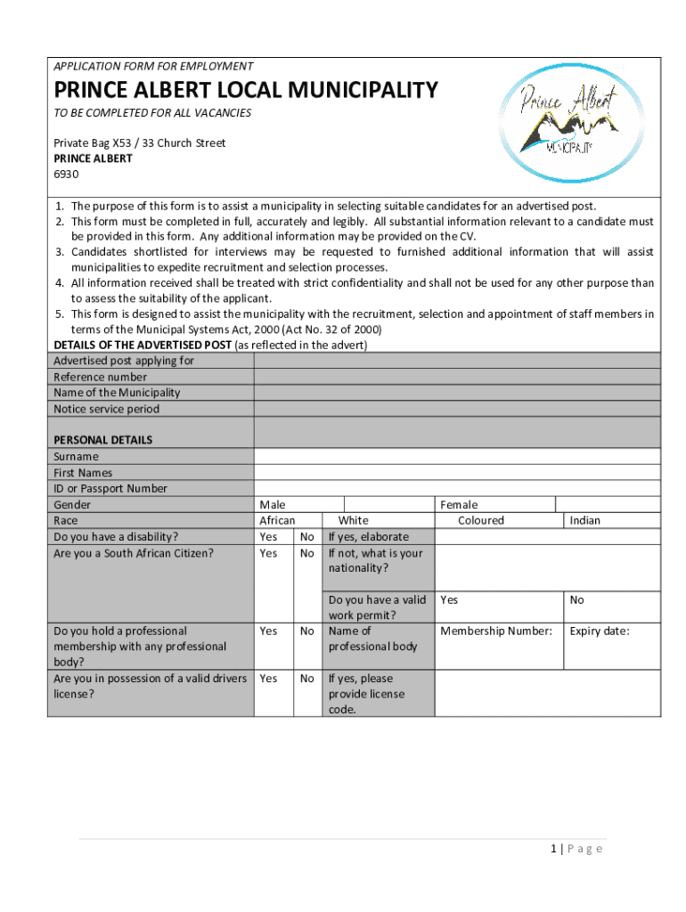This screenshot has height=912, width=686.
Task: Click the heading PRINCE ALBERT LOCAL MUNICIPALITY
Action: [246, 90]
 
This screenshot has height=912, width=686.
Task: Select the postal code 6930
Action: [67, 174]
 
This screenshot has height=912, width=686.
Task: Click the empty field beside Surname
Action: [457, 456]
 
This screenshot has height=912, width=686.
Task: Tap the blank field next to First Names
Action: [457, 472]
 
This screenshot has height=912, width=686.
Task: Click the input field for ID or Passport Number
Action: [457, 488]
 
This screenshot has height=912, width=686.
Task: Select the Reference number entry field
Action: [457, 377]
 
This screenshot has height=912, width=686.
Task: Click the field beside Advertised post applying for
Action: [457, 361]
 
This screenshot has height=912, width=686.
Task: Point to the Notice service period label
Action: [107, 409]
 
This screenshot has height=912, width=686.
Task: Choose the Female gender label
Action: [459, 505]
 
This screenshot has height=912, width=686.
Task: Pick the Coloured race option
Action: [480, 520]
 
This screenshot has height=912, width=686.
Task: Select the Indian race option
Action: [585, 520]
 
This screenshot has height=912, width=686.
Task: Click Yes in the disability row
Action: [268, 537]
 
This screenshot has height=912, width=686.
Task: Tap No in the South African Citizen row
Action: [307, 553]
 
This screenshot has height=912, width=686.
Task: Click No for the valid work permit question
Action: [577, 600]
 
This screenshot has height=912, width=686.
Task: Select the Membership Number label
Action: [496, 631]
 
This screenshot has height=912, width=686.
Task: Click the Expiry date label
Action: [600, 631]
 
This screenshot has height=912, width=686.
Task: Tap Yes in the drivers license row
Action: [268, 679]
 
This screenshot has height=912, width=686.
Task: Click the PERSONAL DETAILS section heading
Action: [103, 440]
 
